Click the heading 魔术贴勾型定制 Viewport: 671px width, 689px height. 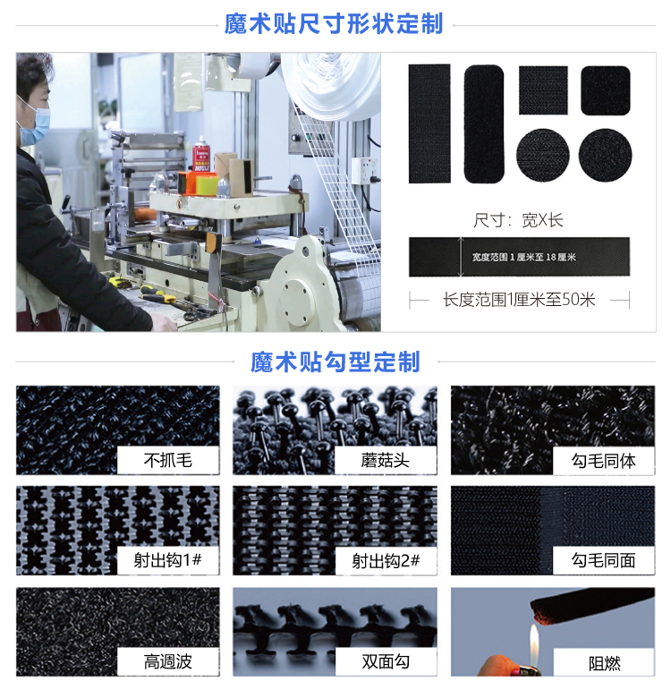335,362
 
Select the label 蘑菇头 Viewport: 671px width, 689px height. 386,461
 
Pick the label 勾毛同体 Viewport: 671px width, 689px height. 603,461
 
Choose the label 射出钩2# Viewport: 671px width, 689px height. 386,561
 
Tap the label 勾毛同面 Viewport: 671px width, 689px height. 603,561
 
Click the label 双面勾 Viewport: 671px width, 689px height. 386,662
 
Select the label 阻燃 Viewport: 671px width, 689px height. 603,662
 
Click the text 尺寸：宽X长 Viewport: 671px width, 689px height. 519,220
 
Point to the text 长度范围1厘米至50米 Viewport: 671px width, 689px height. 519,300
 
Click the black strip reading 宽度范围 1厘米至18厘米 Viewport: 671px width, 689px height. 519,257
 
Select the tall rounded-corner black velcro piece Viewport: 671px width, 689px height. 484,123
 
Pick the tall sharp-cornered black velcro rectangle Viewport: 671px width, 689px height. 429,123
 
